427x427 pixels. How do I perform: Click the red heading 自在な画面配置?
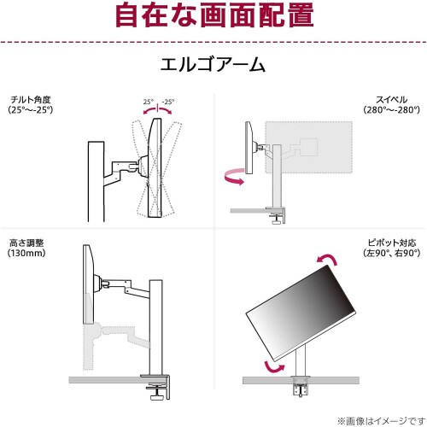point(213,16)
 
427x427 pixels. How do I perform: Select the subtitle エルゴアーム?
point(213,65)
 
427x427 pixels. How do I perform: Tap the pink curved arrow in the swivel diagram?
point(233,177)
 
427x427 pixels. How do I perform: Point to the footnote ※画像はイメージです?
point(385,419)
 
